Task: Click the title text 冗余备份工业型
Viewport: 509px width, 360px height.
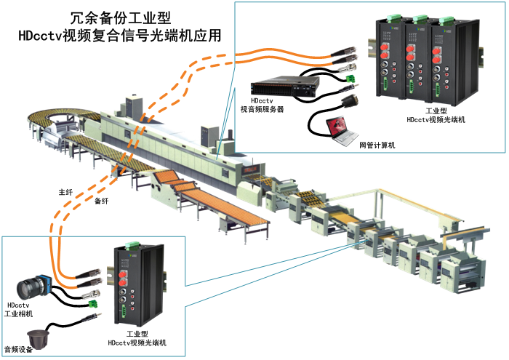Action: coord(124,16)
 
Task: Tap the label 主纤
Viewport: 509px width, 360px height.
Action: coord(65,193)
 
